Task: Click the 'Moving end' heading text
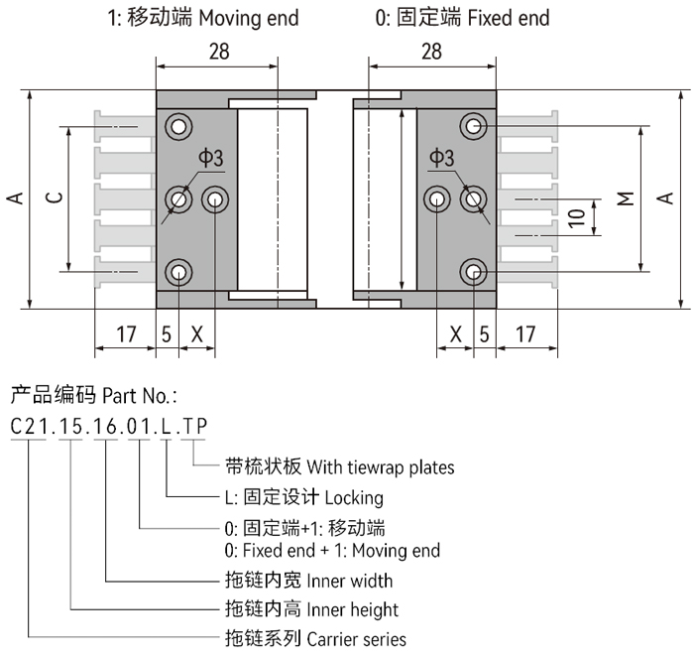point(249,18)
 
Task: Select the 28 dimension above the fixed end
point(431,52)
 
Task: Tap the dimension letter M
point(626,198)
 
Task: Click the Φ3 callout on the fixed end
point(441,158)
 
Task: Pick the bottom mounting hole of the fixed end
point(474,272)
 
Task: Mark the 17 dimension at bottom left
point(125,334)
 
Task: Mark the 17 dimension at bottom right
point(526,334)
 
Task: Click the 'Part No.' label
point(139,396)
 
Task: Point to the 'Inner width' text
point(350,581)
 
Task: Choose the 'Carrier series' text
point(357,639)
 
